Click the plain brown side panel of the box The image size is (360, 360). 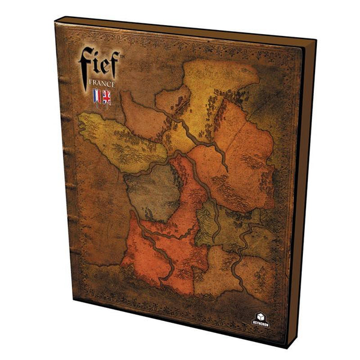tap(303, 192)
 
